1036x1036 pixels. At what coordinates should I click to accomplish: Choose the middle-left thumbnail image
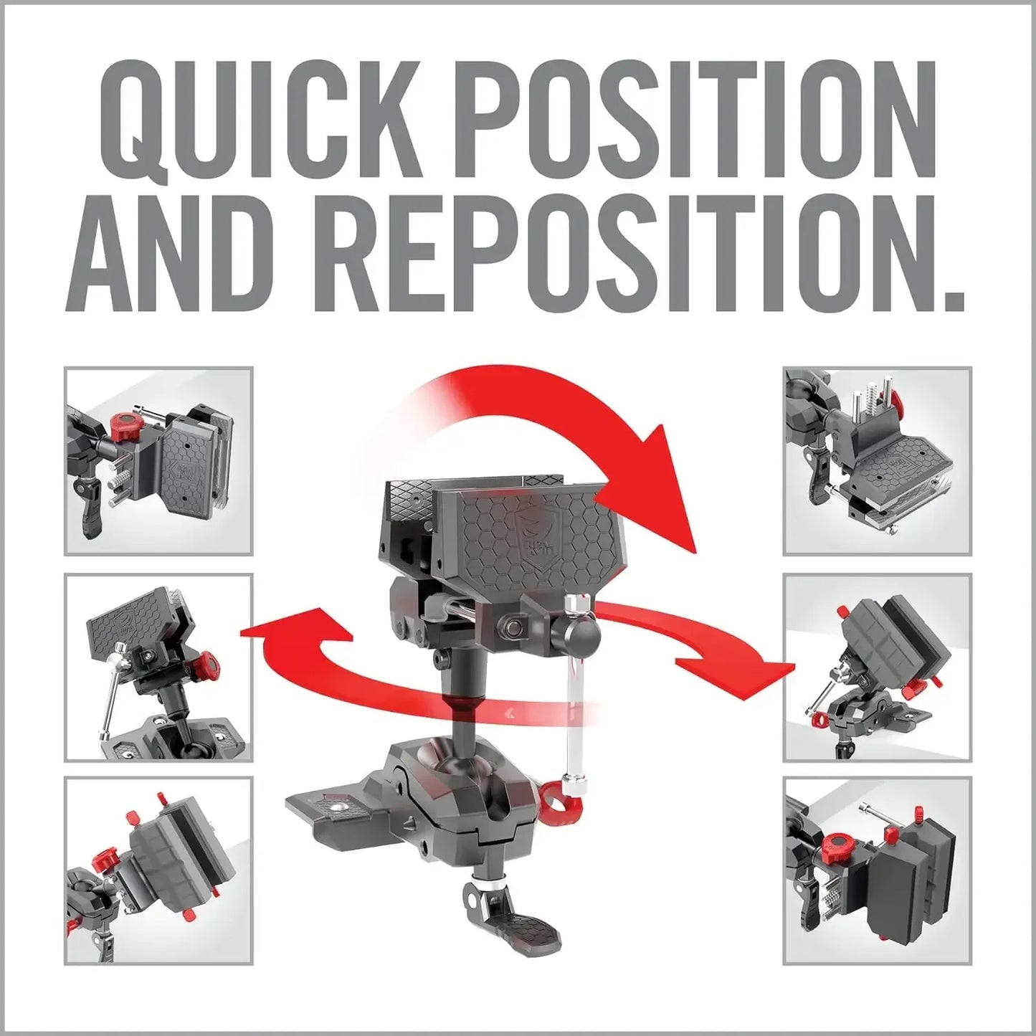158,667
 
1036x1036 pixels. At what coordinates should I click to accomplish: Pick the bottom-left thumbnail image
158,870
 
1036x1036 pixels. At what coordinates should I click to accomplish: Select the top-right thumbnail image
877,461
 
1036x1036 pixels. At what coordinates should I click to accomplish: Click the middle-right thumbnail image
877,667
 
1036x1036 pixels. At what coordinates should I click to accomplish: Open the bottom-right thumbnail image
877,870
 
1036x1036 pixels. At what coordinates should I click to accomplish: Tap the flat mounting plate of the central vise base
330,807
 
